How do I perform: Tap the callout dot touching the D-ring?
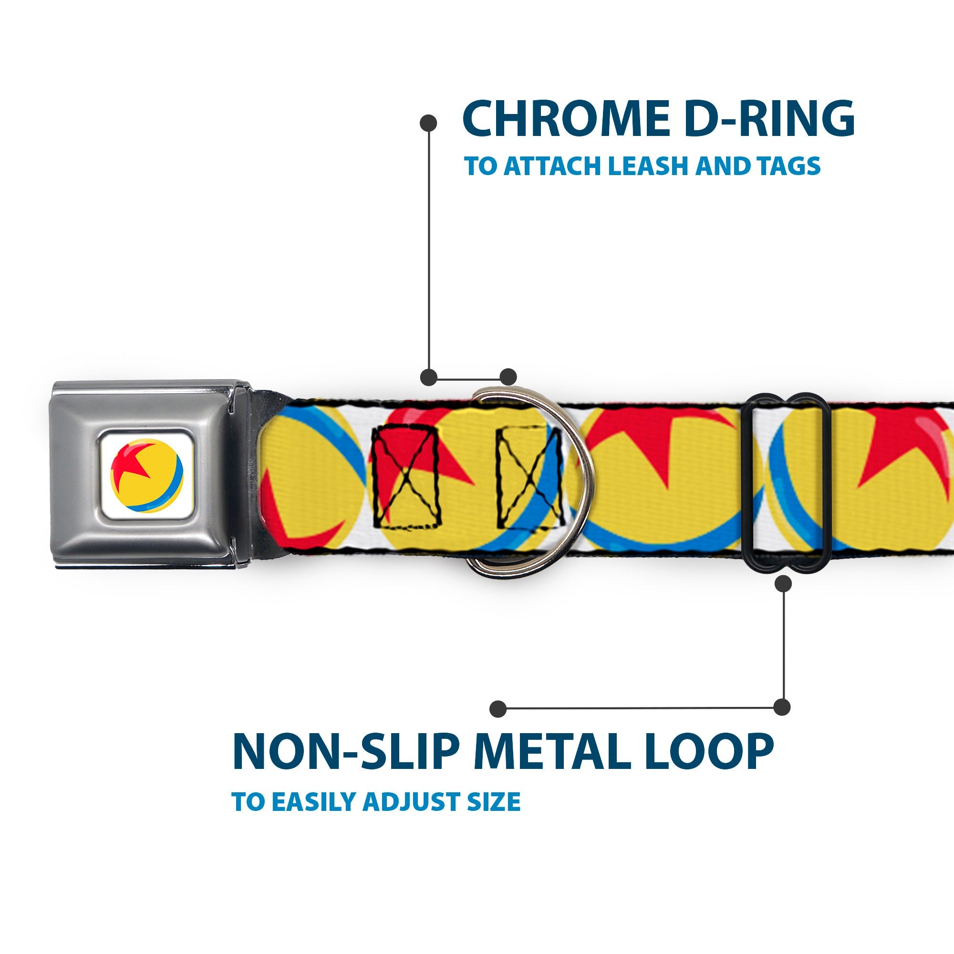(x=508, y=377)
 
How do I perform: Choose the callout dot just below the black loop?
(x=783, y=584)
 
